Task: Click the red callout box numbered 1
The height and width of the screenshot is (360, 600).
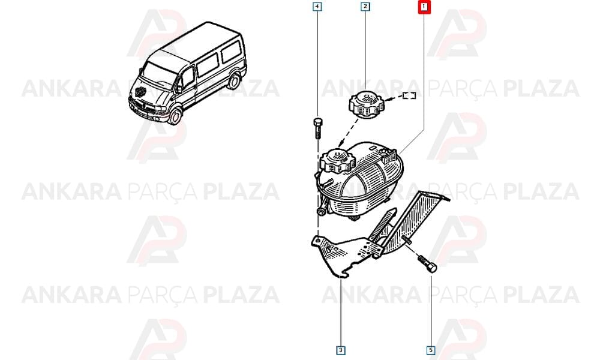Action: (424, 7)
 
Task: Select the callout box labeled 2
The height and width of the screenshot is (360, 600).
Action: (365, 7)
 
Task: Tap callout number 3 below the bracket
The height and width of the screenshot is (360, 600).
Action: (341, 350)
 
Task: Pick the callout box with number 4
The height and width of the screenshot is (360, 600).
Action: (317, 7)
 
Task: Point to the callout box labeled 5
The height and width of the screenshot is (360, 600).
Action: (431, 350)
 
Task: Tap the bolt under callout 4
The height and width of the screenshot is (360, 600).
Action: (317, 129)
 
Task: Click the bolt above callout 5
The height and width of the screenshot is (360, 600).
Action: (427, 263)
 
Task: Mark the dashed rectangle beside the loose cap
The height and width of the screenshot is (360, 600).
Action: (409, 95)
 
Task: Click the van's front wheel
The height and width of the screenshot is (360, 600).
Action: (175, 116)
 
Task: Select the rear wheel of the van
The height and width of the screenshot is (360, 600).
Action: (234, 82)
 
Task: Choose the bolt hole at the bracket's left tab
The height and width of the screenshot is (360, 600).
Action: (317, 240)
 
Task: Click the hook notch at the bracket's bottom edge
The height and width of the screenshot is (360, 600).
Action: (344, 274)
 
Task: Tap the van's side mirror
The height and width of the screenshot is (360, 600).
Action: (178, 88)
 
